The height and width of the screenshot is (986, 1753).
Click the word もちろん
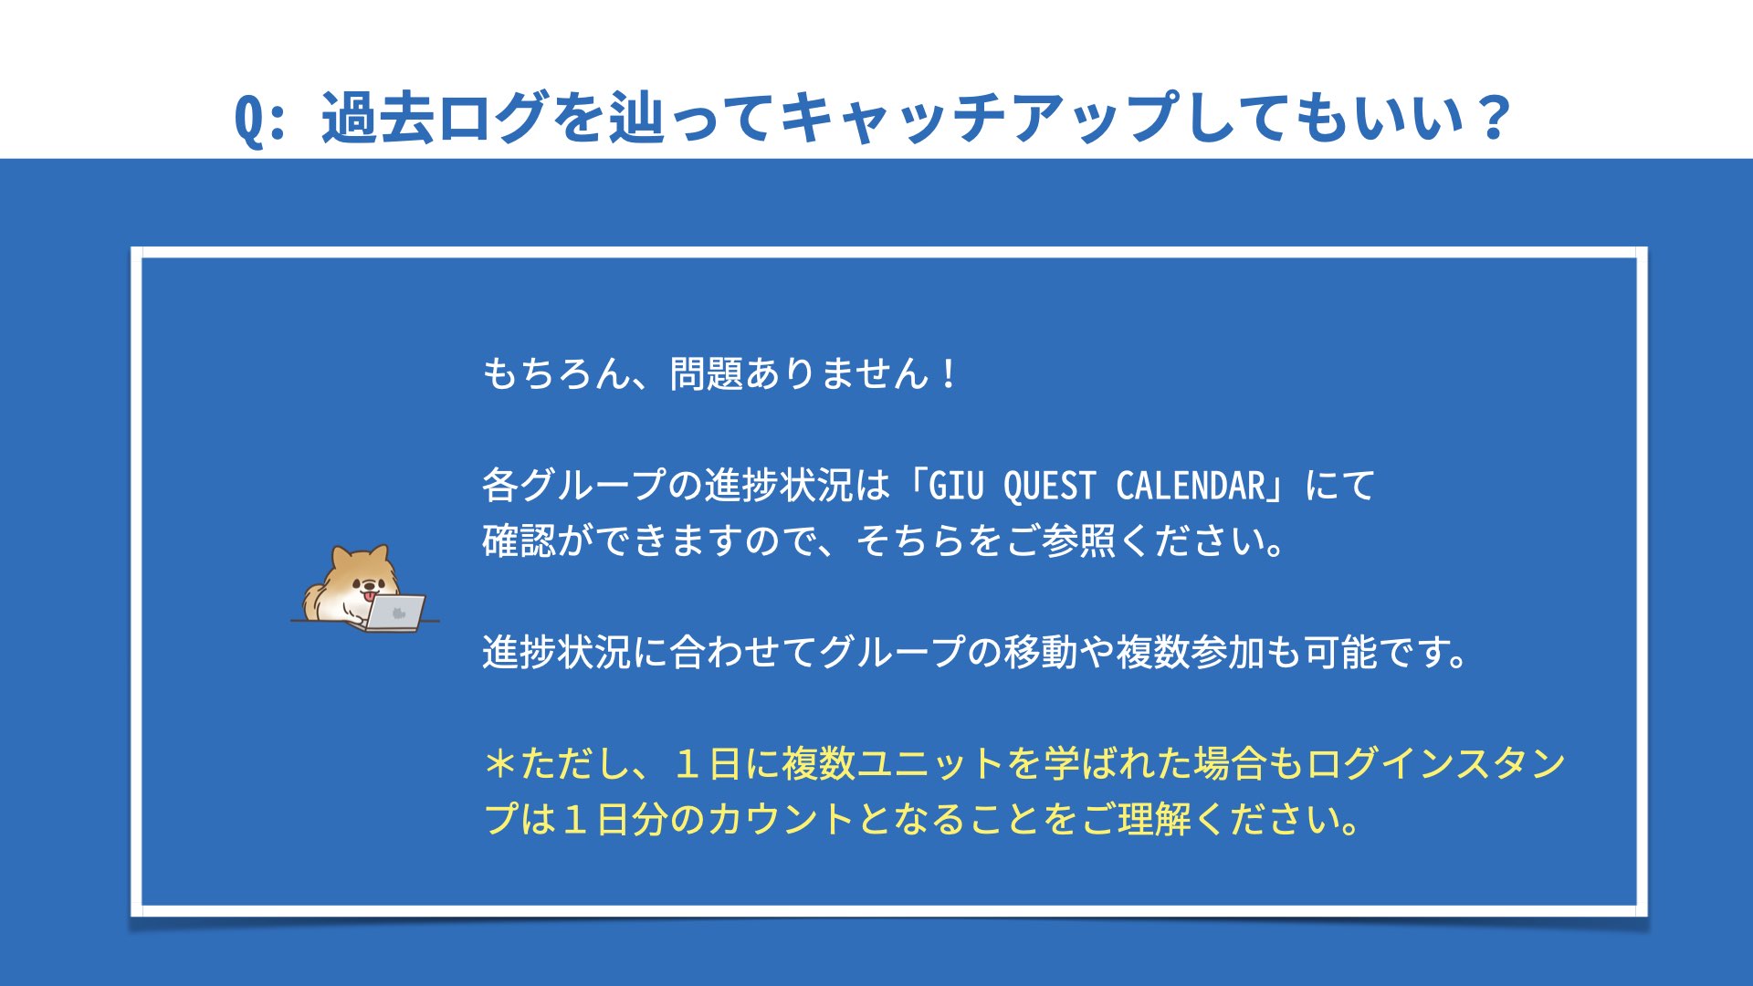557,373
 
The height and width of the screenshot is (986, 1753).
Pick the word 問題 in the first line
707,373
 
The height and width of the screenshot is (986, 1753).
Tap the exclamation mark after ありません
950,373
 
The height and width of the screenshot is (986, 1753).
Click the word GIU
957,486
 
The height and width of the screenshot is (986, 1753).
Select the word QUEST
1050,486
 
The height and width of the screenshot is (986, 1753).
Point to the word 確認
519,540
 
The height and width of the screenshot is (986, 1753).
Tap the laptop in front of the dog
394,613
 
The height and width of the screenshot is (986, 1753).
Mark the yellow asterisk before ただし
500,763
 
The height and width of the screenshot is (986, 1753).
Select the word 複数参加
1190,652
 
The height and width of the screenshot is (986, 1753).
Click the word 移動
1041,652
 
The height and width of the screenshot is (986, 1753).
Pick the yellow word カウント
781,819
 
